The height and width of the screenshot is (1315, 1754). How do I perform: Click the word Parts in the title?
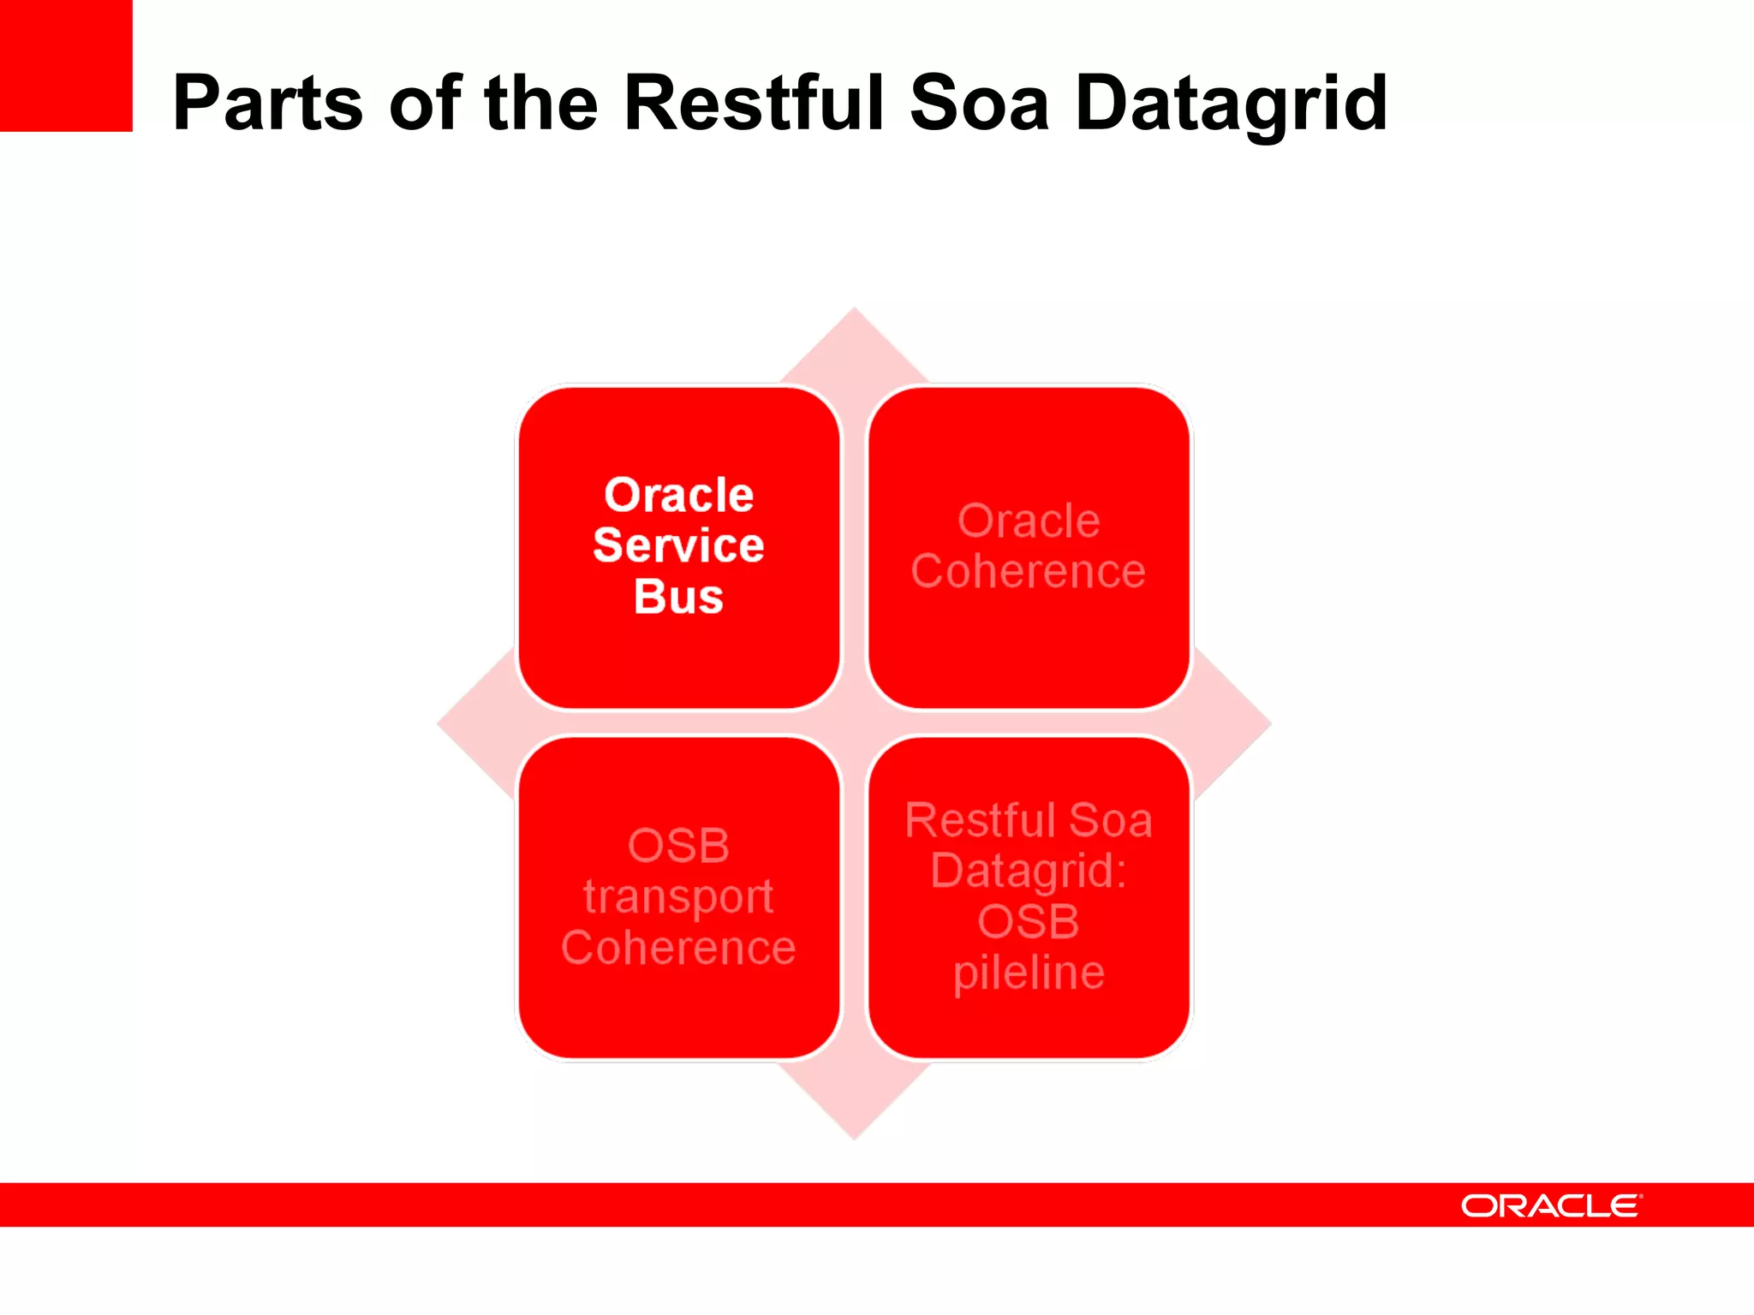pos(267,104)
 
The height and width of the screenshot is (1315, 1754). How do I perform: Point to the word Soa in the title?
pos(979,104)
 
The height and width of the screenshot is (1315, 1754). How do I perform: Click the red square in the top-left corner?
pos(66,65)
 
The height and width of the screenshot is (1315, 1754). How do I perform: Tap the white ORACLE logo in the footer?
pos(1551,1205)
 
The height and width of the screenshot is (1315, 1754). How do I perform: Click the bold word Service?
pos(678,545)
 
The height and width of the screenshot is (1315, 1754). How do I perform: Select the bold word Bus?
pos(678,597)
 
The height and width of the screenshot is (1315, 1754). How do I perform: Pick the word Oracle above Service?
pos(678,495)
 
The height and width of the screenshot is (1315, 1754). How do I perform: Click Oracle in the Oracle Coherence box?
pos(1029,521)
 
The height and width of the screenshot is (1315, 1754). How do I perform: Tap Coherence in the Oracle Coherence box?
pos(1028,571)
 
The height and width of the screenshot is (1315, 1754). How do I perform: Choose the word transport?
pos(678,897)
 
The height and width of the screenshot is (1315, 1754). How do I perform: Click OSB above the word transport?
pos(678,846)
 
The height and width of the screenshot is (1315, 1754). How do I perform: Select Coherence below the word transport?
pos(678,948)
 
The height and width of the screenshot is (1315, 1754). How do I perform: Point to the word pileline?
pos(1029,973)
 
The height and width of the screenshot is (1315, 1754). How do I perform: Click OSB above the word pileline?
pos(1029,922)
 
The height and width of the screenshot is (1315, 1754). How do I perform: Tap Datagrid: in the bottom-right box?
pos(1029,871)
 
